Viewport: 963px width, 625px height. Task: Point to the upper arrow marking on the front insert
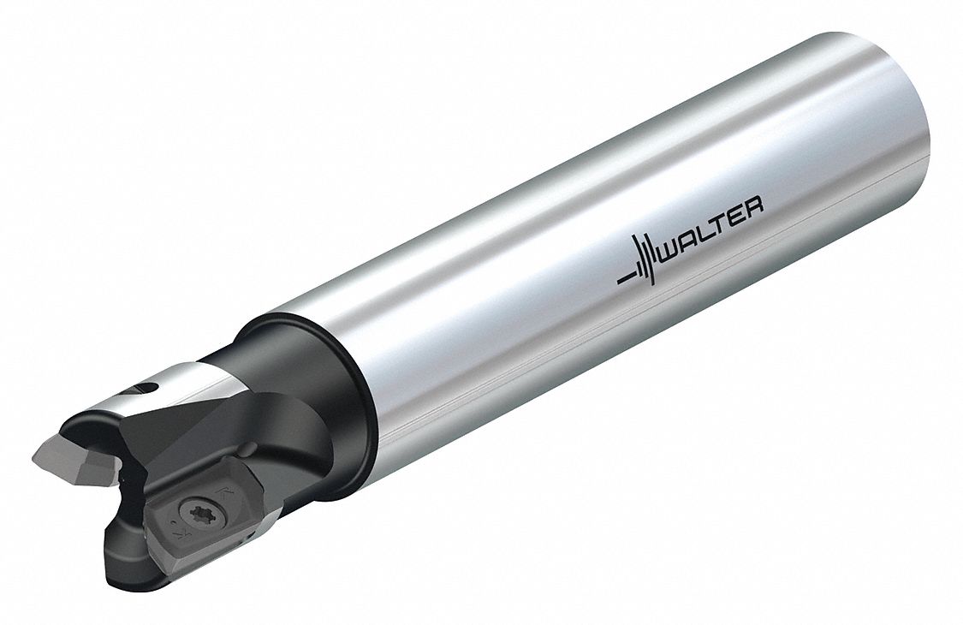coord(223,492)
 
